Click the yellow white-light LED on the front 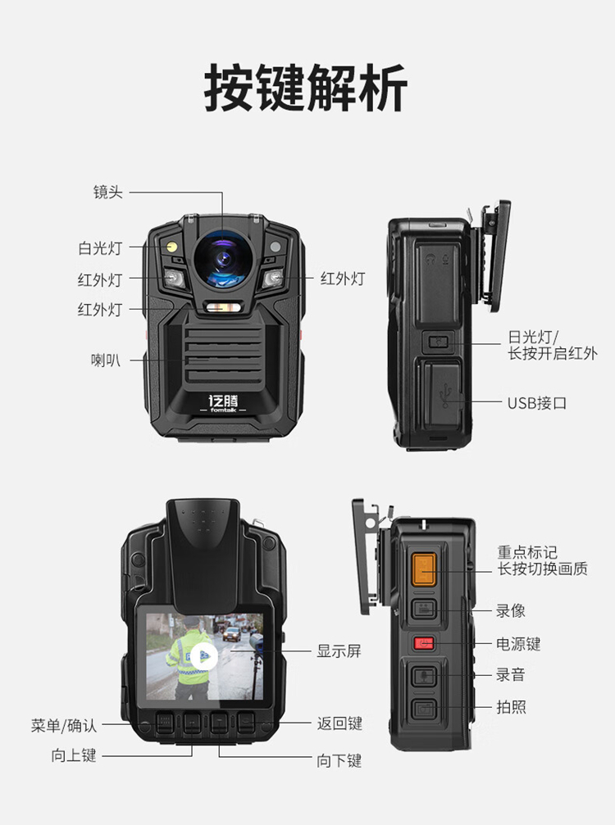click(171, 247)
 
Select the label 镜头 click(108, 192)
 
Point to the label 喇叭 click(106, 360)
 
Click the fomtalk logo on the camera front click(223, 404)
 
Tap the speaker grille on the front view click(224, 356)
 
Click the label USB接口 click(537, 403)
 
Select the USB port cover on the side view click(440, 392)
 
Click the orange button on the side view click(424, 569)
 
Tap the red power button click(424, 643)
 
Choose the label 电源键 click(518, 643)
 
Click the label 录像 click(511, 610)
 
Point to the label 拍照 click(512, 707)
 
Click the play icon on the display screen click(204, 656)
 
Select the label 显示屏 click(339, 650)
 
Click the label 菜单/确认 click(64, 726)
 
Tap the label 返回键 click(339, 723)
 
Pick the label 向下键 click(339, 760)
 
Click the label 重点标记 click(527, 552)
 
